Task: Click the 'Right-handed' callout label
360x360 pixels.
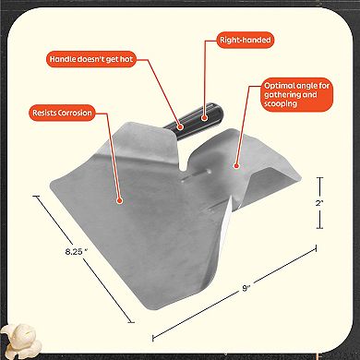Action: (x=246, y=40)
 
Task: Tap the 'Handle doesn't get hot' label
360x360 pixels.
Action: (x=91, y=59)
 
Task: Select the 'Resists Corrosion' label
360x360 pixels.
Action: (x=62, y=113)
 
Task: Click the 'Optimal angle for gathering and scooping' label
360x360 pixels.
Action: (x=296, y=94)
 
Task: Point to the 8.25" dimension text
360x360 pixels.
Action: (x=77, y=251)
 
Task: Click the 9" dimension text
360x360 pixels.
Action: (x=246, y=288)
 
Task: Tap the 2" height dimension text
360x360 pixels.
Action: (x=319, y=203)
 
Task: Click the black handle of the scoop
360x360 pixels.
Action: (x=194, y=120)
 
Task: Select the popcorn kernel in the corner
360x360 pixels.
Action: (x=21, y=341)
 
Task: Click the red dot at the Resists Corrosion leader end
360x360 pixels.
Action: (x=120, y=200)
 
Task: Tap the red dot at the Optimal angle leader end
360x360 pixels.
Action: (x=236, y=166)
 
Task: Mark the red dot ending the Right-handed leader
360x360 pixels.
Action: (x=203, y=117)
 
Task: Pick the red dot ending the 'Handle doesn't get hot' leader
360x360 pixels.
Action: (x=181, y=126)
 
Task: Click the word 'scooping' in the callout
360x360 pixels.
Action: (x=281, y=103)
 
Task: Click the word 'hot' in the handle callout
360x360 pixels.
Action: (x=126, y=59)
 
